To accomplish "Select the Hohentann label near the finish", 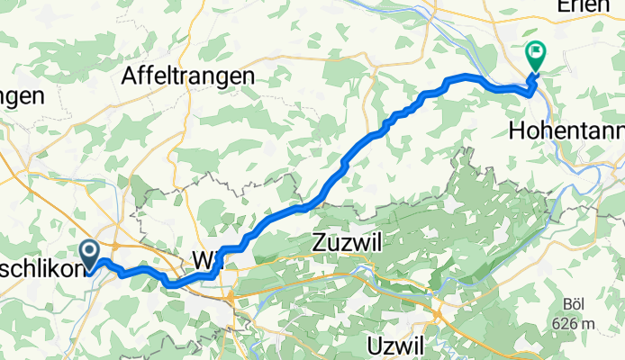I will click(x=566, y=130).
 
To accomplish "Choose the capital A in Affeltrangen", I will click(x=129, y=77).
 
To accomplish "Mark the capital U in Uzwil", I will click(x=375, y=345).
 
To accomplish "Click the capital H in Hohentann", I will click(x=517, y=130).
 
